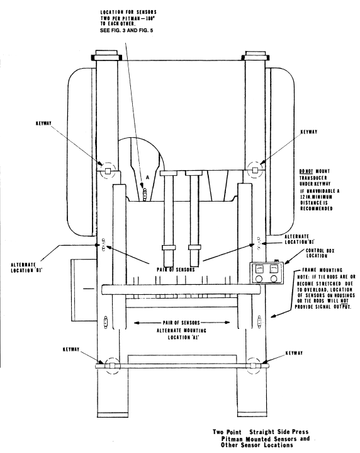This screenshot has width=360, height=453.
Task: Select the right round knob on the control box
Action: pos(274,278)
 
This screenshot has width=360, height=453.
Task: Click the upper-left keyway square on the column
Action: pos(108,171)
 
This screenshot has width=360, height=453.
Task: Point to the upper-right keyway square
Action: pos(255,170)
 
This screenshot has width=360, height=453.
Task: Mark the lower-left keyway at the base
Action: pos(112,366)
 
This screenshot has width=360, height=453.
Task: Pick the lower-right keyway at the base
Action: pos(253,365)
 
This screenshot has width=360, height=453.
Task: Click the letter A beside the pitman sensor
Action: pos(147,178)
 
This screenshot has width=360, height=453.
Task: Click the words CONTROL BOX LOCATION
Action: pos(317,253)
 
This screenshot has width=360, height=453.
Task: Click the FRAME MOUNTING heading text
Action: pos(322,270)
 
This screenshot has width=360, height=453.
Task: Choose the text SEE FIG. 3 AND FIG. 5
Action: pos(127,30)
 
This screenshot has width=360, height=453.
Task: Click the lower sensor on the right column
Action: pos(259,321)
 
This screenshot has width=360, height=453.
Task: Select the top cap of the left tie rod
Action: pos(106,55)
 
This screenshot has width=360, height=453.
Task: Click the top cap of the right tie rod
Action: pos(256,55)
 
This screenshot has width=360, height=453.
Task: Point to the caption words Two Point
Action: pos(227,432)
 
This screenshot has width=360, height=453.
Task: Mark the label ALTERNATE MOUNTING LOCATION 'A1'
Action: pos(182,334)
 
